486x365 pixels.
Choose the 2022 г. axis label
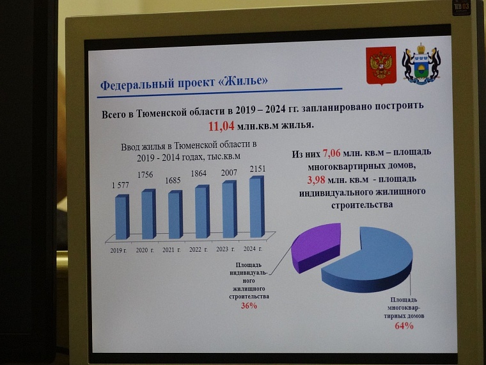coord(198,249)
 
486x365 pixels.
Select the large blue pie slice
coord(371,259)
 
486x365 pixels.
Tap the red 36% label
coord(249,305)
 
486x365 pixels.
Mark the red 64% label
coord(404,326)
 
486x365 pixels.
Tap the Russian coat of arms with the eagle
coord(381,65)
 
